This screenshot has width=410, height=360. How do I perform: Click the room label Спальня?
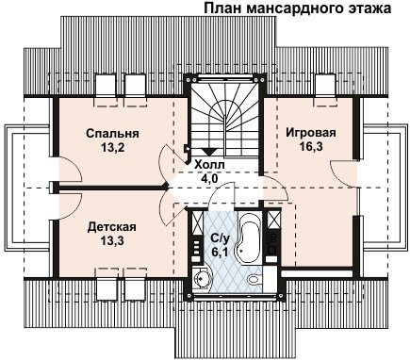click(112, 134)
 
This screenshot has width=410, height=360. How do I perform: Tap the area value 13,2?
click(113, 147)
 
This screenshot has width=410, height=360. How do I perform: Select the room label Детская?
click(112, 227)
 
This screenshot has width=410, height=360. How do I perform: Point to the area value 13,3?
click(112, 240)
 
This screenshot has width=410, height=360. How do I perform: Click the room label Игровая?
click(311, 133)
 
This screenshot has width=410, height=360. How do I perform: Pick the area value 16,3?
click(311, 146)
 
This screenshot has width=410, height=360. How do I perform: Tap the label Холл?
click(209, 165)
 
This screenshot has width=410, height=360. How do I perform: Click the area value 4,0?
click(210, 178)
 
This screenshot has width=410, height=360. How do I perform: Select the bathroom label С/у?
click(221, 239)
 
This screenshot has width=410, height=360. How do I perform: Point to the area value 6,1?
click(220, 252)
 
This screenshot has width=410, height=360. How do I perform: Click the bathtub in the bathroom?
click(249, 235)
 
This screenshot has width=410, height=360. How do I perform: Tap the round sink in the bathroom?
click(200, 278)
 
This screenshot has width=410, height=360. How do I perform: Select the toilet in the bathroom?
click(254, 279)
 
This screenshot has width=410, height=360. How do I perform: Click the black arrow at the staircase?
click(207, 152)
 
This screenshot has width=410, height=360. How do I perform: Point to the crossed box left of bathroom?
click(198, 222)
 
